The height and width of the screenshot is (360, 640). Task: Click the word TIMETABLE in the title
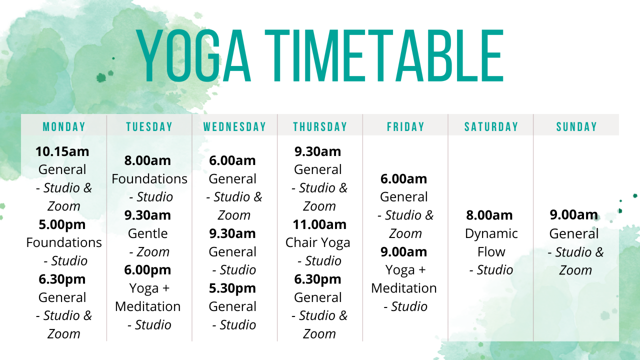click(x=384, y=55)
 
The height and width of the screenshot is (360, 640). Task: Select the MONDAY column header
click(x=64, y=127)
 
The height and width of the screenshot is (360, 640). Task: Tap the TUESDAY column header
click(x=149, y=127)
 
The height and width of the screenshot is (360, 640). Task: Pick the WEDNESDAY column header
click(x=234, y=127)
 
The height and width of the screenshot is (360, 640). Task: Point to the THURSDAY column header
click(x=320, y=127)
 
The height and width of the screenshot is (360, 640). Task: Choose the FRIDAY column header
click(x=405, y=127)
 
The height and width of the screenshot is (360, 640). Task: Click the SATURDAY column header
click(x=491, y=127)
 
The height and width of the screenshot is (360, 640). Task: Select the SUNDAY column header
click(x=576, y=127)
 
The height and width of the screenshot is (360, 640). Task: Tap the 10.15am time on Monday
click(x=62, y=151)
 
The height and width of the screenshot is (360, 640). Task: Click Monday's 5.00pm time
click(x=62, y=224)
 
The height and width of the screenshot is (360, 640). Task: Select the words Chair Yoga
click(x=318, y=243)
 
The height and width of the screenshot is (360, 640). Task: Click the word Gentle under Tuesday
click(x=147, y=233)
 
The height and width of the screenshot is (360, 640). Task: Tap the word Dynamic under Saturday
click(x=491, y=233)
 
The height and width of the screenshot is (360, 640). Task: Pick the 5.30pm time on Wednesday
click(x=232, y=288)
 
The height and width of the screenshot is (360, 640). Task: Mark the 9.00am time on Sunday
click(x=574, y=215)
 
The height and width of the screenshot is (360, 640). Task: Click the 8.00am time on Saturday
click(x=489, y=215)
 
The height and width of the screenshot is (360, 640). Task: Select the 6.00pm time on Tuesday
click(x=147, y=270)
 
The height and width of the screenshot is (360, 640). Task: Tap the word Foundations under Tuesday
click(x=149, y=179)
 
